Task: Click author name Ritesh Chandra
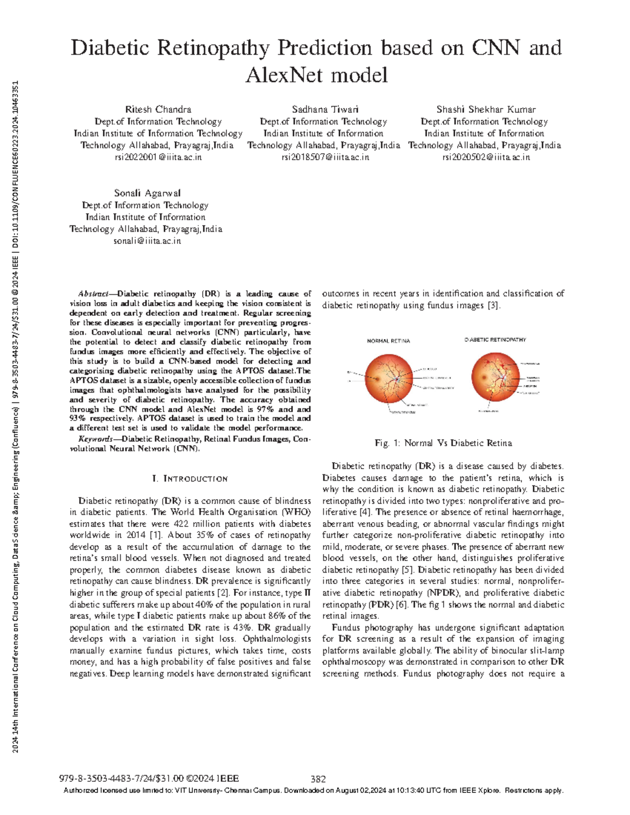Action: click(158, 110)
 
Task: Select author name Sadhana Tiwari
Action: click(325, 110)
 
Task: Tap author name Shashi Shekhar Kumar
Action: click(486, 110)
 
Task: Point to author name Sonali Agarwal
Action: click(147, 193)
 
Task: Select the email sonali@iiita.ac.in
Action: click(147, 241)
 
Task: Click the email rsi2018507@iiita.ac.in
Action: click(325, 157)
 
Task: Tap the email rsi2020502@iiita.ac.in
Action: click(486, 157)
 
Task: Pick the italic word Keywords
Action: click(95, 439)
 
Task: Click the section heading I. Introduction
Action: click(190, 479)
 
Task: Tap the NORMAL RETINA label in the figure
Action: click(388, 341)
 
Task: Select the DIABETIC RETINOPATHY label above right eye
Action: click(495, 340)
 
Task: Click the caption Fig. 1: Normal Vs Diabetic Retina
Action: click(443, 443)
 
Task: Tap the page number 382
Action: click(318, 779)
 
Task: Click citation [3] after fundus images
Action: click(493, 305)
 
